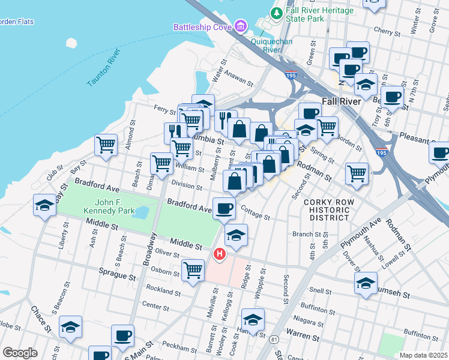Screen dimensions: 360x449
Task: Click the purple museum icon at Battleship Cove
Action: [241, 26]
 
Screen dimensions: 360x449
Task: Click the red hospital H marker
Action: [220, 254]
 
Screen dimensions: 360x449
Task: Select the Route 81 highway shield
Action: [274, 340]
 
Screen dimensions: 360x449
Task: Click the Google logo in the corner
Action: [20, 353]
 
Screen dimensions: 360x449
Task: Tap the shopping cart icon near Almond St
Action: [106, 145]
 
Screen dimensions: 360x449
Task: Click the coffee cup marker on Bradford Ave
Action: [224, 208]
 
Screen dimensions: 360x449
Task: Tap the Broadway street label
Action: [148, 251]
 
